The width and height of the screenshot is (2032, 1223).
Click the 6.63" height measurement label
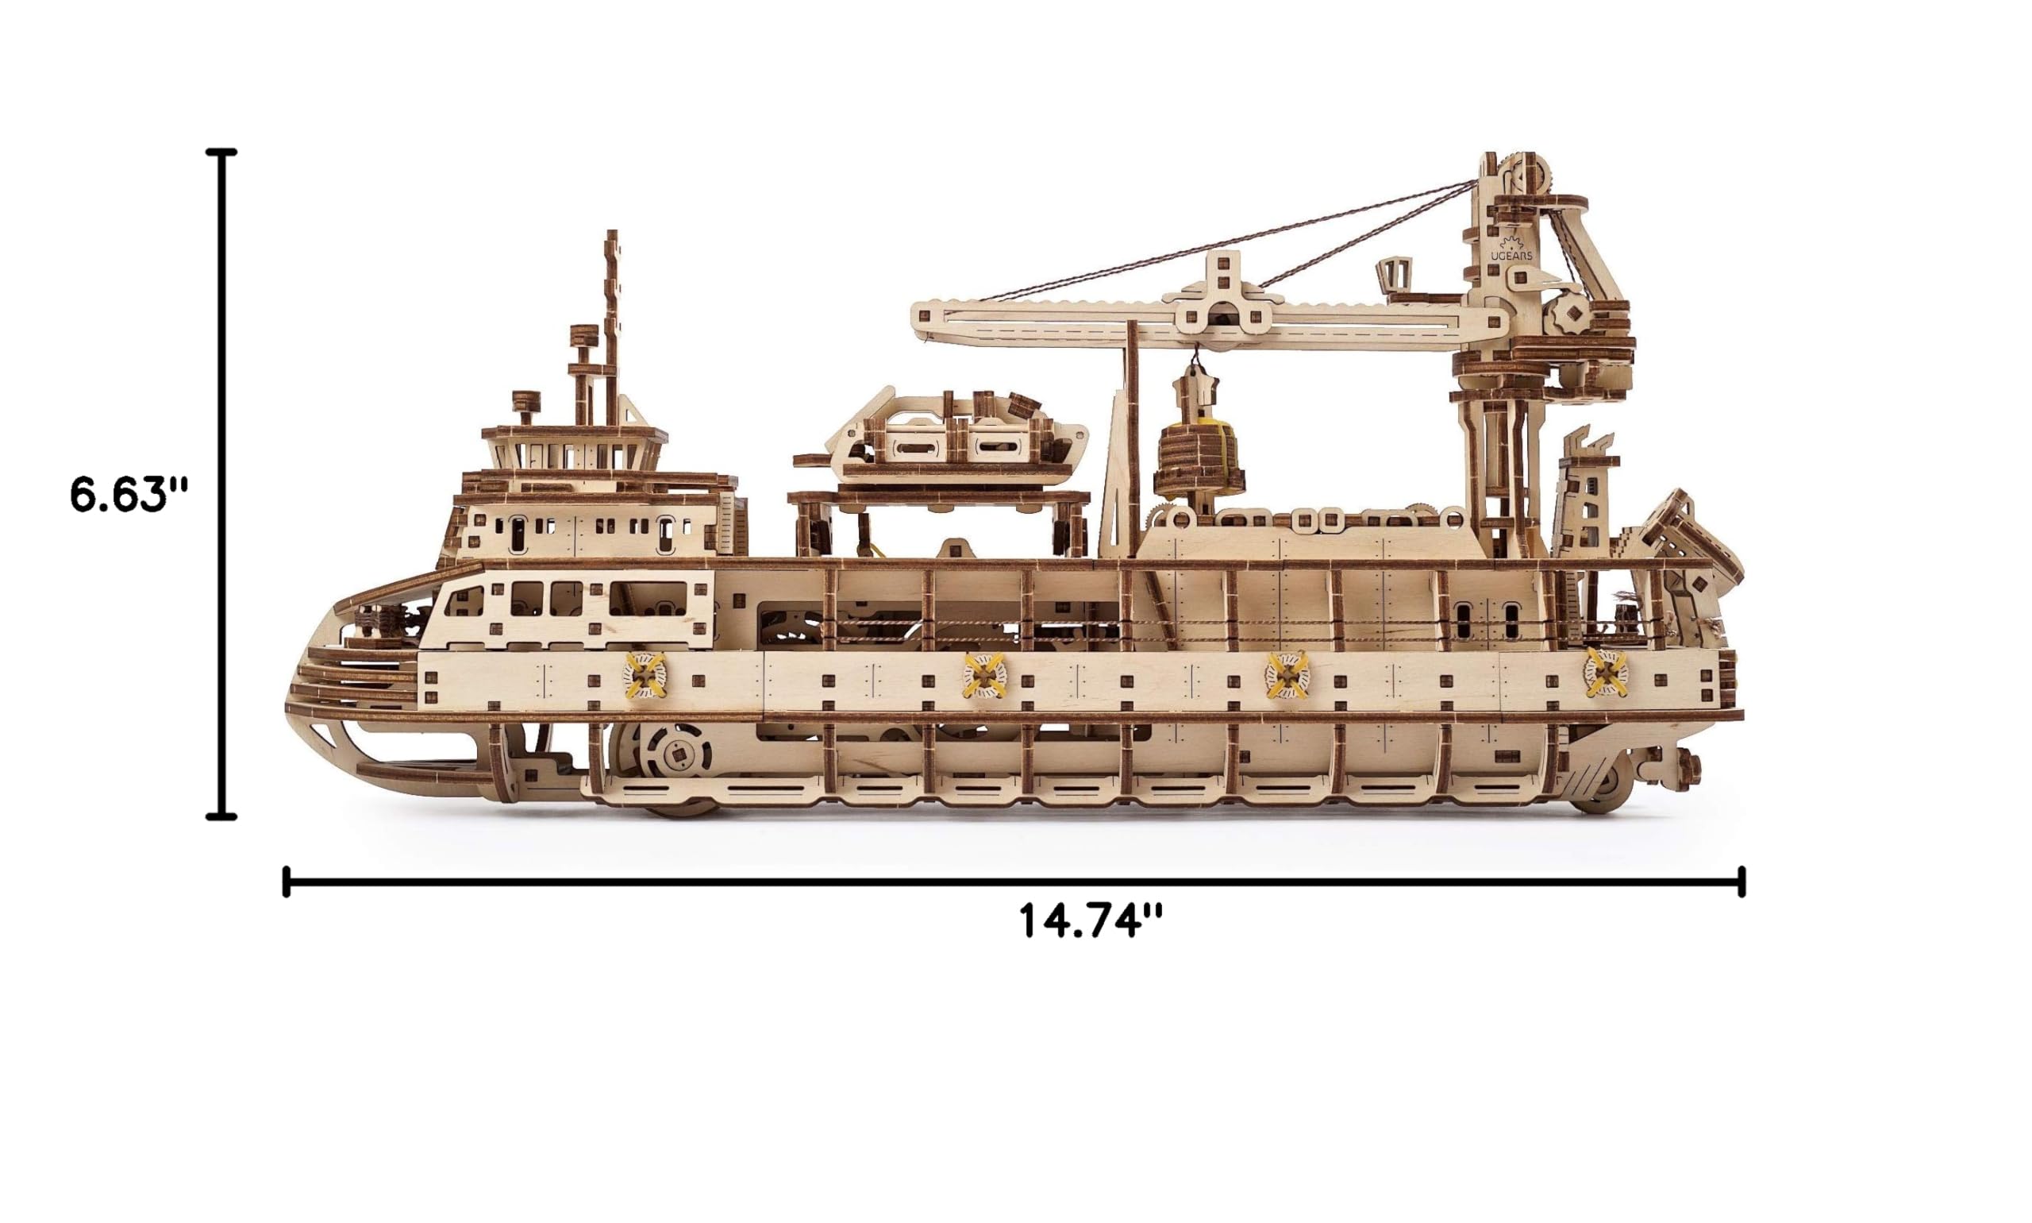pos(129,495)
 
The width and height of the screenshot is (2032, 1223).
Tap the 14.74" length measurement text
pos(1091,920)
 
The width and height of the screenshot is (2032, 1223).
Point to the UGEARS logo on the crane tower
pos(1511,249)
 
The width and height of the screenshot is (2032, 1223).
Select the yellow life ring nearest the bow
pos(645,675)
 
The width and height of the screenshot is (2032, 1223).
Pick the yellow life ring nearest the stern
pos(1604,673)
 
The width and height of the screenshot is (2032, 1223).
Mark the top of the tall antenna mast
pos(611,233)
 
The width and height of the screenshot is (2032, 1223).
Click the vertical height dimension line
pos(221,484)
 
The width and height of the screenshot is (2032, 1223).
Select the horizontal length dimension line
pos(1013,882)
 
